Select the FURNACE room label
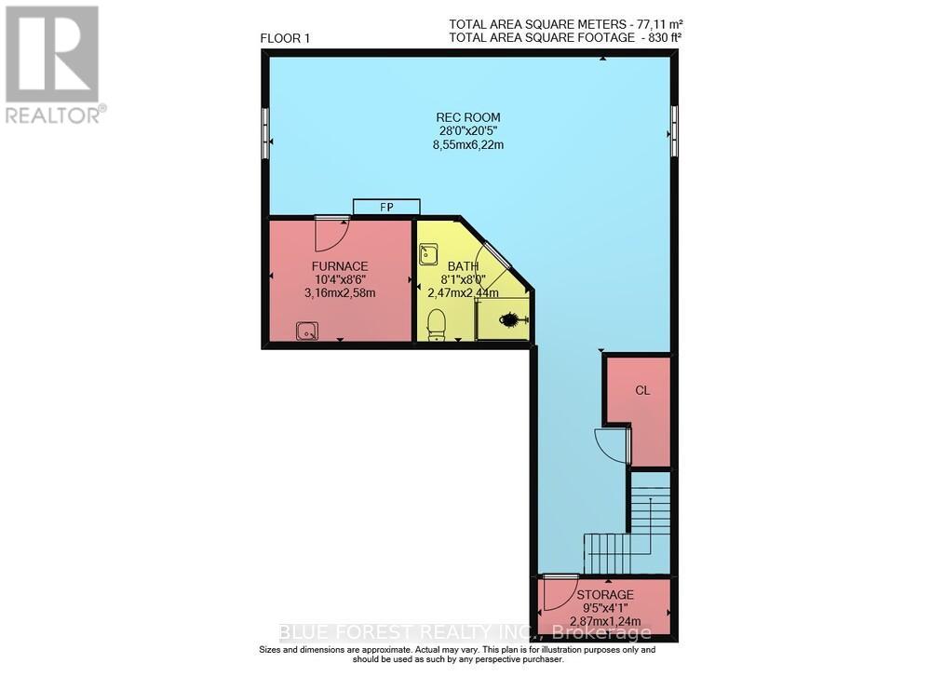341,265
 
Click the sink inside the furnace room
307,330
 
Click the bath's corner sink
428,254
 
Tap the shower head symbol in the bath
512,320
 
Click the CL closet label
642,390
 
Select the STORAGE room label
604,594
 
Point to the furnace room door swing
331,232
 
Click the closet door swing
614,446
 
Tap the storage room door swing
560,589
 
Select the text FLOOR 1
285,38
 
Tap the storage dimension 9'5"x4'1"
604,607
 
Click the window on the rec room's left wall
266,131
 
